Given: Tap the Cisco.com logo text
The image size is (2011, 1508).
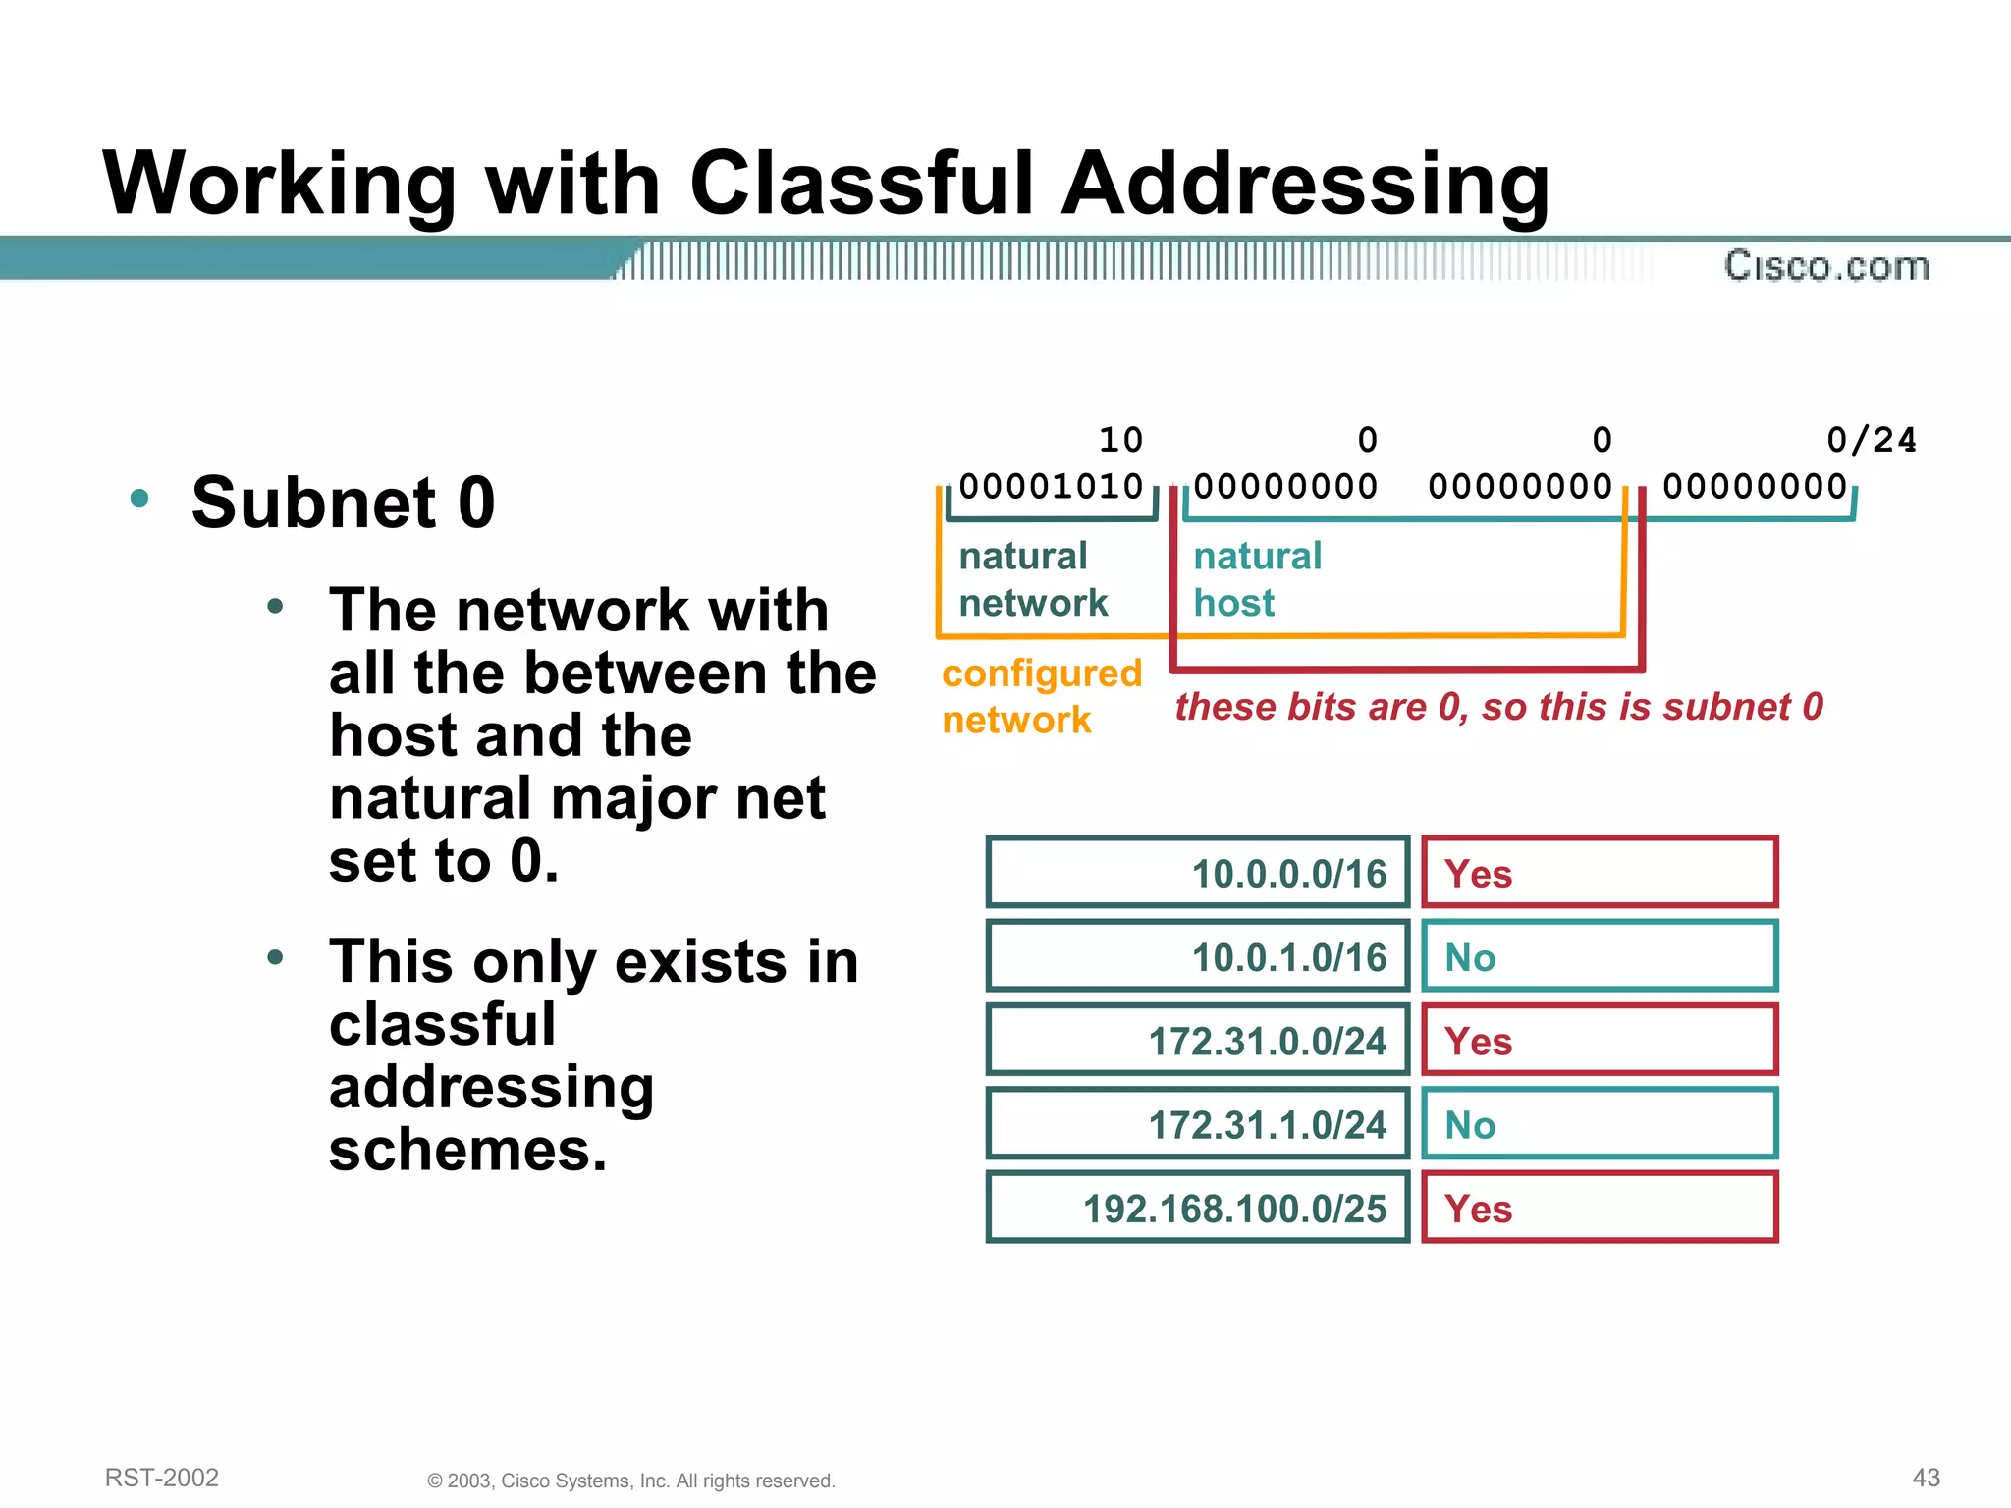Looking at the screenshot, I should point(1826,266).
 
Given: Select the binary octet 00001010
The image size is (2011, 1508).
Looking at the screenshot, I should point(1051,487).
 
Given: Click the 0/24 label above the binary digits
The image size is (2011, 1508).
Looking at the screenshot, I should point(1871,440).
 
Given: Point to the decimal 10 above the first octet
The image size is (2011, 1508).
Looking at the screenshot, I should point(1120,440).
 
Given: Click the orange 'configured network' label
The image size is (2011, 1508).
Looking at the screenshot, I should point(1041,696).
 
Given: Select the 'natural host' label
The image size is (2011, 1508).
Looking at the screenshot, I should point(1257,579).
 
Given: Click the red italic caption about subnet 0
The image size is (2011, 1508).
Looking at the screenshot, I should point(1498,707).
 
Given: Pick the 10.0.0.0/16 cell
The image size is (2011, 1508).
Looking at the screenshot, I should point(1198,873).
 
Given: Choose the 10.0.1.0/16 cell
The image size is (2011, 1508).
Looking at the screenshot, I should point(1198,956).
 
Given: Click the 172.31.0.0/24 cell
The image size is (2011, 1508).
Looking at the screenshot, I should point(1198,1041).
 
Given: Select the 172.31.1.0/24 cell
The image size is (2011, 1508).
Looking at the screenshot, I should point(1198,1124).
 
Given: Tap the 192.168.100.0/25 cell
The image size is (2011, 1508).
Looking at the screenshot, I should point(1198,1208).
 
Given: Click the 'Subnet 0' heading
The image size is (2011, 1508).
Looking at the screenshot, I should point(343,503).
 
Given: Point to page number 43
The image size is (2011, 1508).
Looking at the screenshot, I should point(1926,1478).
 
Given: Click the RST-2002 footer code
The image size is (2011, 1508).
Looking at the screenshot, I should point(162,1478).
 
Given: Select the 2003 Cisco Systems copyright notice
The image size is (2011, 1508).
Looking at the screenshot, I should point(630,1481).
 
